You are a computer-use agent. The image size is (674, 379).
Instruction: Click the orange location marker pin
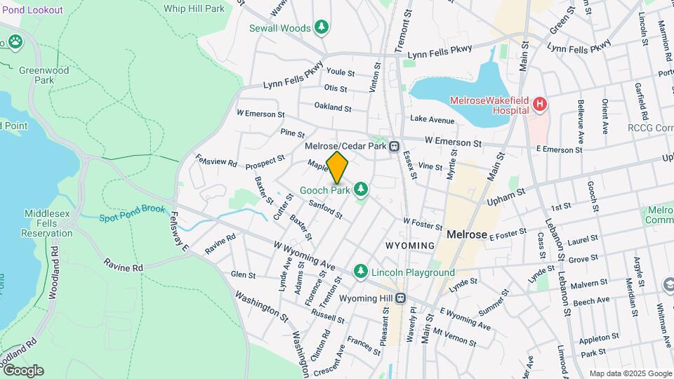tap(337, 168)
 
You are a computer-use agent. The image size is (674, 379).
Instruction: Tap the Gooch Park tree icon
tap(361, 189)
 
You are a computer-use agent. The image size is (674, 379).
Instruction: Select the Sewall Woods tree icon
tap(322, 27)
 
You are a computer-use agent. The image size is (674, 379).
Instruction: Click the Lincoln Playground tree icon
tap(361, 271)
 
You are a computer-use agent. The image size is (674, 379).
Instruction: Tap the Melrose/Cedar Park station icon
tap(395, 147)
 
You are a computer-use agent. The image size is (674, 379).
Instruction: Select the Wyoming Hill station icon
tap(399, 298)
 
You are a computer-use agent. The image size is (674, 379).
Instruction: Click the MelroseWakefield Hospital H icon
tap(540, 105)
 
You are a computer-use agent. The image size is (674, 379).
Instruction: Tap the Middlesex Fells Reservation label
tap(47, 223)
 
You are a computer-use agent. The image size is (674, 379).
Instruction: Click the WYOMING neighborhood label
tap(410, 245)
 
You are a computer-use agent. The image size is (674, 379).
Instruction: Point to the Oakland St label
tap(332, 107)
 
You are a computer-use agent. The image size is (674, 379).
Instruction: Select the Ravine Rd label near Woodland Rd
tap(123, 267)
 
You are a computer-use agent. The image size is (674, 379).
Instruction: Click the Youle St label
tap(341, 72)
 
